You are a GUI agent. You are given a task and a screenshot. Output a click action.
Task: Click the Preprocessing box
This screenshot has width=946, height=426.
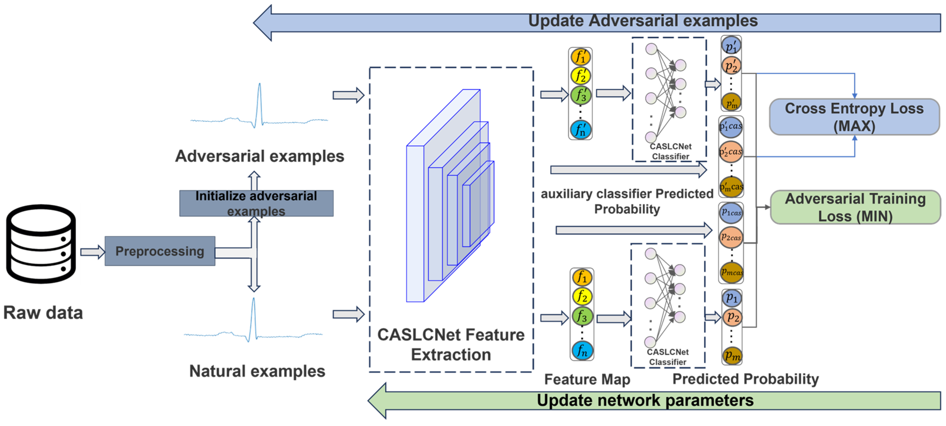point(160,251)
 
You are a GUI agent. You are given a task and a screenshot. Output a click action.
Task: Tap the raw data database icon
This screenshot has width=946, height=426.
point(41,244)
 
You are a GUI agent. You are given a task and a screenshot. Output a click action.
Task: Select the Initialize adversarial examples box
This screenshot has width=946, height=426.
point(256,203)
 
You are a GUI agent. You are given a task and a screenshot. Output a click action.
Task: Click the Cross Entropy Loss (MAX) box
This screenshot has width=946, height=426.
point(854,117)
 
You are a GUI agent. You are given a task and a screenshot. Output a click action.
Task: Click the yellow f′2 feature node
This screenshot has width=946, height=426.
point(580,76)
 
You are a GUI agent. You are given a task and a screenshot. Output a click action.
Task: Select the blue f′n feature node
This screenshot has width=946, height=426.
point(581,130)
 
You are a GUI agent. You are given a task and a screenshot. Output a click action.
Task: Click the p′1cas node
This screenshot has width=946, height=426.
point(731,127)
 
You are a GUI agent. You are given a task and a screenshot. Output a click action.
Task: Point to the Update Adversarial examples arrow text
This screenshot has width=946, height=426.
point(643,21)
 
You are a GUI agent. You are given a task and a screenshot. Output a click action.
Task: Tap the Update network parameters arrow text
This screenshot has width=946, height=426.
point(645,400)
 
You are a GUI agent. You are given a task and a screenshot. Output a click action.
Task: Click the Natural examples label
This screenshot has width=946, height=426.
point(257,371)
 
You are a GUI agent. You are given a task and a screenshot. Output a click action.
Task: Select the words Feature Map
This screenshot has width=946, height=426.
point(587,379)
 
